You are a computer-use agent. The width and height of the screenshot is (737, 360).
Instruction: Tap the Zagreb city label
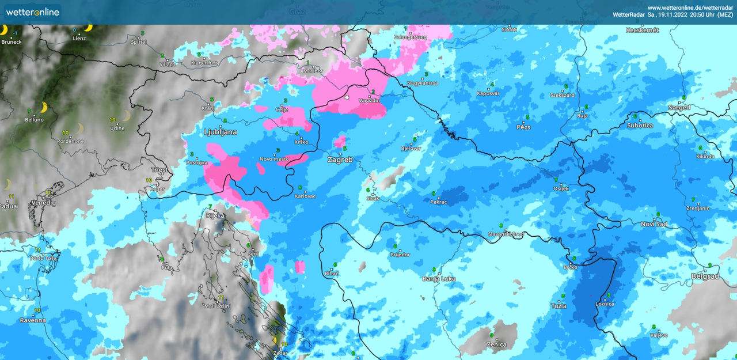tap(340, 160)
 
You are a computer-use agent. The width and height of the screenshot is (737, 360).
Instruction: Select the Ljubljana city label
tap(221, 132)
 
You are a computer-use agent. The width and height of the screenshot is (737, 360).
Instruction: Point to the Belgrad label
tap(705, 276)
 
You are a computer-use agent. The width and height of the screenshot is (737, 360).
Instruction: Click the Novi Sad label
tap(654, 224)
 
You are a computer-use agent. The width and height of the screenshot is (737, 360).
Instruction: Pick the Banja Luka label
tap(439, 279)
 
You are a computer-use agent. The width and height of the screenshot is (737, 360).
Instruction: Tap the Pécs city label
tap(523, 127)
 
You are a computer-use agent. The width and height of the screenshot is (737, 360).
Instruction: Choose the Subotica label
tap(640, 125)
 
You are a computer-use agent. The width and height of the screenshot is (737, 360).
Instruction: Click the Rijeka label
tap(215, 216)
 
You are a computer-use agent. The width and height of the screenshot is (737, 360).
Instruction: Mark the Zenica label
tap(496, 344)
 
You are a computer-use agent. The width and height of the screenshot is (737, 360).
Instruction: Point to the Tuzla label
tap(559, 306)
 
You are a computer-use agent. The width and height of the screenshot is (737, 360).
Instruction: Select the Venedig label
tap(43, 203)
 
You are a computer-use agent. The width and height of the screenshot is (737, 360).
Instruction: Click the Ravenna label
tap(32, 320)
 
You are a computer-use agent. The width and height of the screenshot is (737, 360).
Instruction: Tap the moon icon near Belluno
tap(44, 107)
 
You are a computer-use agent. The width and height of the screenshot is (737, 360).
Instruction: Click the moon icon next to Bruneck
tap(4, 30)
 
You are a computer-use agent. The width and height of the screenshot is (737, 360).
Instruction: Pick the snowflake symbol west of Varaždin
tap(347, 98)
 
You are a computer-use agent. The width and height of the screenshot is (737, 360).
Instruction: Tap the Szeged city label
tap(679, 108)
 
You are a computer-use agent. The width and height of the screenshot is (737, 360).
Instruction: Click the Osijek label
tap(561, 188)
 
